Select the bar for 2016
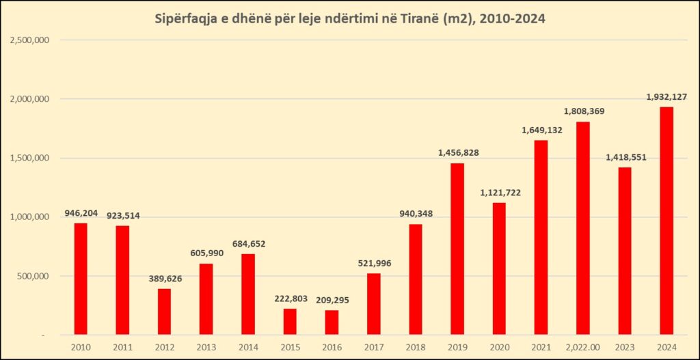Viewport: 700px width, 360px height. (332, 322)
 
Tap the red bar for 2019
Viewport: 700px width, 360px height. (457, 249)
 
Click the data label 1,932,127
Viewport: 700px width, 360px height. (667, 97)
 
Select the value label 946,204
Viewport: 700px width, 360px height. (81, 213)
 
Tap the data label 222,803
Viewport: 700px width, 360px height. (290, 299)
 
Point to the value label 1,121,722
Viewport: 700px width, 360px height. (499, 193)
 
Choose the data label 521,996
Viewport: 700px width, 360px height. (373, 264)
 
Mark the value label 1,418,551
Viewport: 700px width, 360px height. (625, 157)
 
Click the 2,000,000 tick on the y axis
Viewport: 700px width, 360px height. (29, 99)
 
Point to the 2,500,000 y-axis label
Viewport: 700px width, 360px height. (29, 40)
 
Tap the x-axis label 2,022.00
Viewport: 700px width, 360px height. (582, 346)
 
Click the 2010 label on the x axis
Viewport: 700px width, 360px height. (81, 346)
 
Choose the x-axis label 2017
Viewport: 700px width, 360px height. (373, 346)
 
